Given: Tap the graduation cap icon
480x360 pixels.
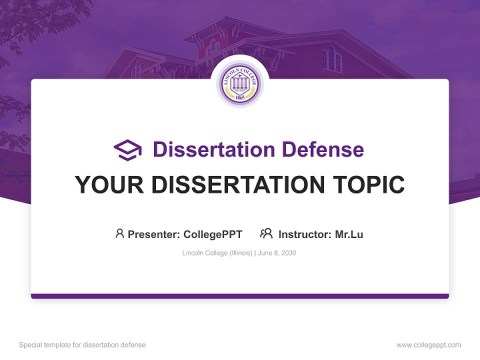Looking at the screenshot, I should coord(127,150).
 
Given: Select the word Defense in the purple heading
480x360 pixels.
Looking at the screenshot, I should coord(322,149).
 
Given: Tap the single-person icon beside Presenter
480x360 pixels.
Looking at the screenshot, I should coord(119,233).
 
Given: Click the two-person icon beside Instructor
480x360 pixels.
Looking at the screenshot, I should coord(266,233).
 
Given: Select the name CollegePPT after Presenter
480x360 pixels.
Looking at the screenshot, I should coord(212,234).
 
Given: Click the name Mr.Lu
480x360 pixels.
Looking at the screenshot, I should coord(349,234).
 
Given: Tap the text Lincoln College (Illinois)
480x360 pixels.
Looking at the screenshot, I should coord(217,253).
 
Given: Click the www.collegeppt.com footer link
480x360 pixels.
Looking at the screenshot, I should coord(428,345).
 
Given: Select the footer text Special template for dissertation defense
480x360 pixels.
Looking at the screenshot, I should coord(82,345).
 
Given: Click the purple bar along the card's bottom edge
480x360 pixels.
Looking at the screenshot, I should coord(240,296).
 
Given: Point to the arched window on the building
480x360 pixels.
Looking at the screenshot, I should coord(331,59).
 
